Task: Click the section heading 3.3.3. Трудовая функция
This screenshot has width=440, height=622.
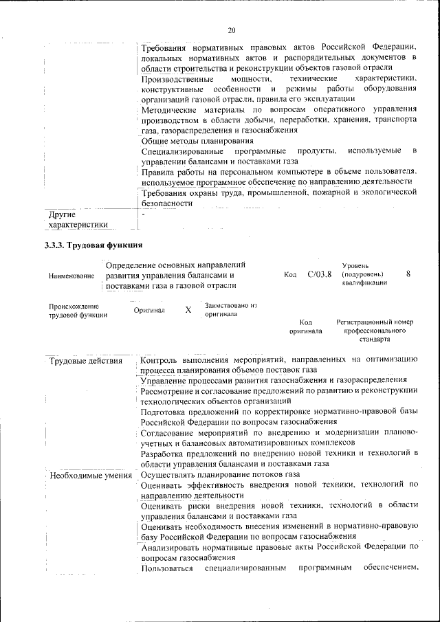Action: pyautogui.click(x=93, y=245)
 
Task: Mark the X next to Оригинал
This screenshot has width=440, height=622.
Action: pyautogui.click(x=188, y=310)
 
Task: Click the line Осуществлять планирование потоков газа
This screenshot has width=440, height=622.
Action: pyautogui.click(x=220, y=474)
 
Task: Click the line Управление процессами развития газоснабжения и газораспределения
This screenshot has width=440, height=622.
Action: pyautogui.click(x=273, y=380)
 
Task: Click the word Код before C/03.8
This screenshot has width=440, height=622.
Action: pyautogui.click(x=289, y=275)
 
